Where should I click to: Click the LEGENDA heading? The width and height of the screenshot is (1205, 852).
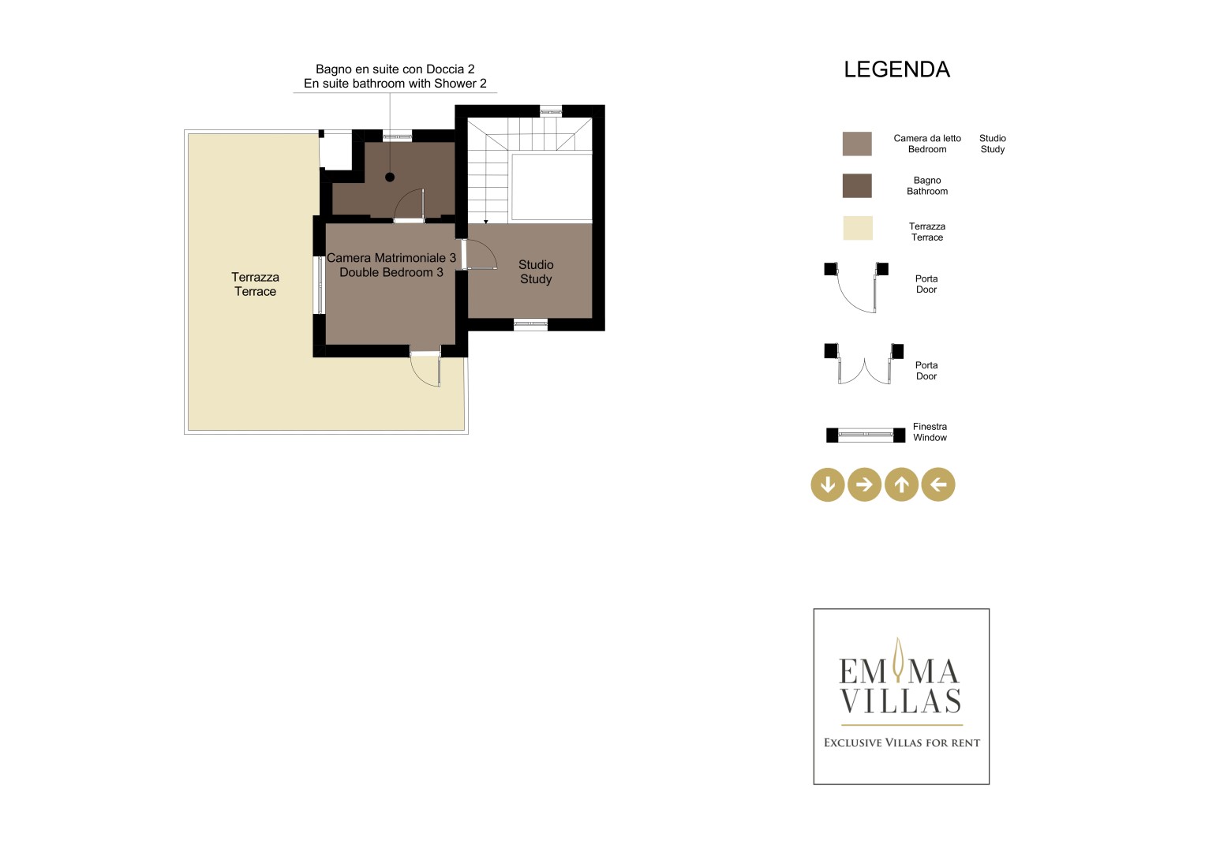[896, 69]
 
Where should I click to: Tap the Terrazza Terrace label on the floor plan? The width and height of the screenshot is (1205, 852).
[255, 284]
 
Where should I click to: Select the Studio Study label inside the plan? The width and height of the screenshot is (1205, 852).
[536, 271]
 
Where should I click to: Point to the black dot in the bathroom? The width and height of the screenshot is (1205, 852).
[390, 177]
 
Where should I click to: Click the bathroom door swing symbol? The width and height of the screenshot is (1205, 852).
[410, 205]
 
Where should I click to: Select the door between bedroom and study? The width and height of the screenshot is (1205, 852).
[479, 254]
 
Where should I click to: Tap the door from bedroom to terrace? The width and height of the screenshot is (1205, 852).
[425, 368]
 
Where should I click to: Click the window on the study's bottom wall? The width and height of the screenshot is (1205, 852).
[530, 323]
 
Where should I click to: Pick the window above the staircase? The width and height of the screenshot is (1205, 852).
[551, 111]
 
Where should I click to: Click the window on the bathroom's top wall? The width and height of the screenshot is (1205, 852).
[397, 136]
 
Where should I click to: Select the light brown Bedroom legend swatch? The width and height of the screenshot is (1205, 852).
[857, 144]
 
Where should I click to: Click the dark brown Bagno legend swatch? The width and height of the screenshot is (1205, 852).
[857, 185]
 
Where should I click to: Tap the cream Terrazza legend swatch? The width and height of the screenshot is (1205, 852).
[858, 228]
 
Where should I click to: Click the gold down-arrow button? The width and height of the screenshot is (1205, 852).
[827, 484]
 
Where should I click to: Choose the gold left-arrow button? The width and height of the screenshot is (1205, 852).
[938, 484]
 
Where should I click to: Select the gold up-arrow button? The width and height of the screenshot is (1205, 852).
[902, 484]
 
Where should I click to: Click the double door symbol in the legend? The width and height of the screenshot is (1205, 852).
[864, 364]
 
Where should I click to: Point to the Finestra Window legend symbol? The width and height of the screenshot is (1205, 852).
[866, 435]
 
